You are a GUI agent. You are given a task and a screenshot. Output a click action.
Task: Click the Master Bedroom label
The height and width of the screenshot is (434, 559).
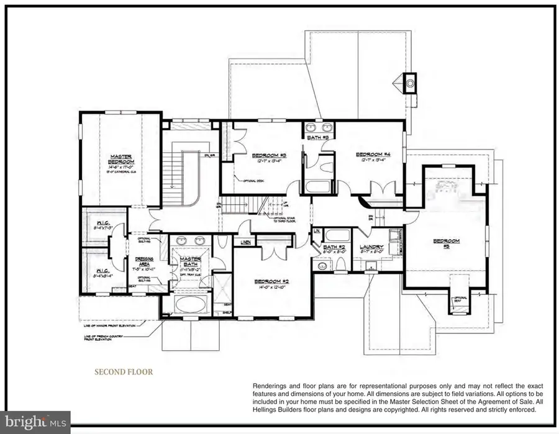[119, 160]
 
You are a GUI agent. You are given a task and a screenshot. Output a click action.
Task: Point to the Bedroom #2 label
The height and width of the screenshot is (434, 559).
[269, 281]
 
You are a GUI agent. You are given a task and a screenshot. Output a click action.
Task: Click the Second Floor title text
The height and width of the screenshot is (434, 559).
[123, 373]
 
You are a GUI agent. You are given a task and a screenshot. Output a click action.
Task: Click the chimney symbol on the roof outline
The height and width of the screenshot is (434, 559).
[409, 82]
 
